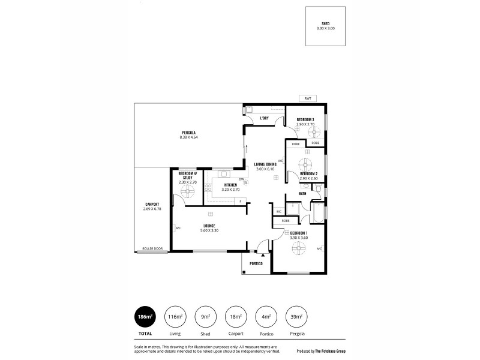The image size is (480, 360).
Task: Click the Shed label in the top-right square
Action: pos(325,23)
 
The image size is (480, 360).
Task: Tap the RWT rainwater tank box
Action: pos(308,98)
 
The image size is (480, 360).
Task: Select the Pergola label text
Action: pos(188,132)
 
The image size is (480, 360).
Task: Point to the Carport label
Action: pos(151,204)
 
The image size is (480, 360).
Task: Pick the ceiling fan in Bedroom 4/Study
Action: pos(188,191)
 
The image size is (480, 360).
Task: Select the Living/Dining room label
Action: pos(265,164)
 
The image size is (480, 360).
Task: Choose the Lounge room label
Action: pos(209,226)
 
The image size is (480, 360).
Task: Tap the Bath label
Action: pos(302,193)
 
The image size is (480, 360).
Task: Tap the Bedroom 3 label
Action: pos(305,119)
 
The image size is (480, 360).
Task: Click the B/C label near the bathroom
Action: pos(278,211)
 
